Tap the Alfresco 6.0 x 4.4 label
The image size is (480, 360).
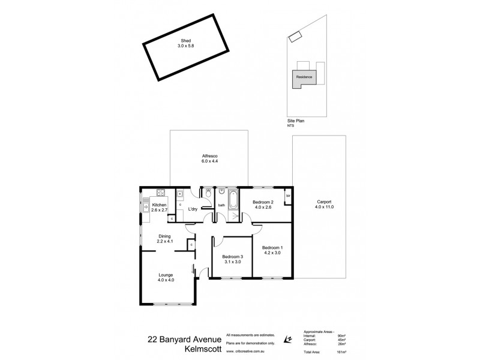209,158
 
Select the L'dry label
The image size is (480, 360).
193,209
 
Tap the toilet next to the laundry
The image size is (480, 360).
207,194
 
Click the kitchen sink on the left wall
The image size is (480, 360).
146,208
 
